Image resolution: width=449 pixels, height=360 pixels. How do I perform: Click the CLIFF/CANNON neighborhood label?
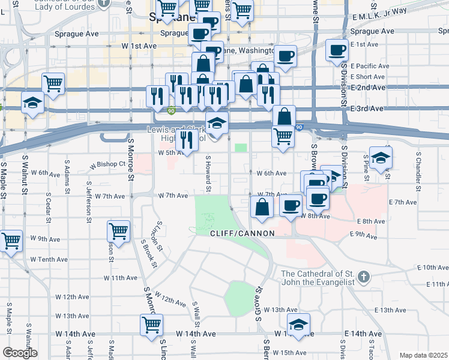(x=242, y=233)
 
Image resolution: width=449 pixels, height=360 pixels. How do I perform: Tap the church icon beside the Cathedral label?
(x=363, y=277)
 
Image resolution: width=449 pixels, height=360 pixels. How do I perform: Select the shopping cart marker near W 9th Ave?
(x=119, y=231)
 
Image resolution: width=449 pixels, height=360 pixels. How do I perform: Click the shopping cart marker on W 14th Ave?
(x=151, y=325)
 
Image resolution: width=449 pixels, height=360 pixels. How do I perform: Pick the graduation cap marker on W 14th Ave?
(x=298, y=324)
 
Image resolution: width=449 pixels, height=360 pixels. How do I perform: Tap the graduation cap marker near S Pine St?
(x=381, y=158)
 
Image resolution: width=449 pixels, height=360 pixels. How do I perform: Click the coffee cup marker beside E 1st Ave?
(x=337, y=49)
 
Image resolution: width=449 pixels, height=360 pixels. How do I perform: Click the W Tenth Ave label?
(x=49, y=259)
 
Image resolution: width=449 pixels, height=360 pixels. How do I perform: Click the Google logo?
(x=20, y=353)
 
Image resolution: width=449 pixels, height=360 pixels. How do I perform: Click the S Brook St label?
(x=149, y=253)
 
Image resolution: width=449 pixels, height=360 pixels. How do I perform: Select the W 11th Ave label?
(x=121, y=278)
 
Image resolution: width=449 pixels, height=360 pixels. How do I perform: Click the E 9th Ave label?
(x=366, y=233)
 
